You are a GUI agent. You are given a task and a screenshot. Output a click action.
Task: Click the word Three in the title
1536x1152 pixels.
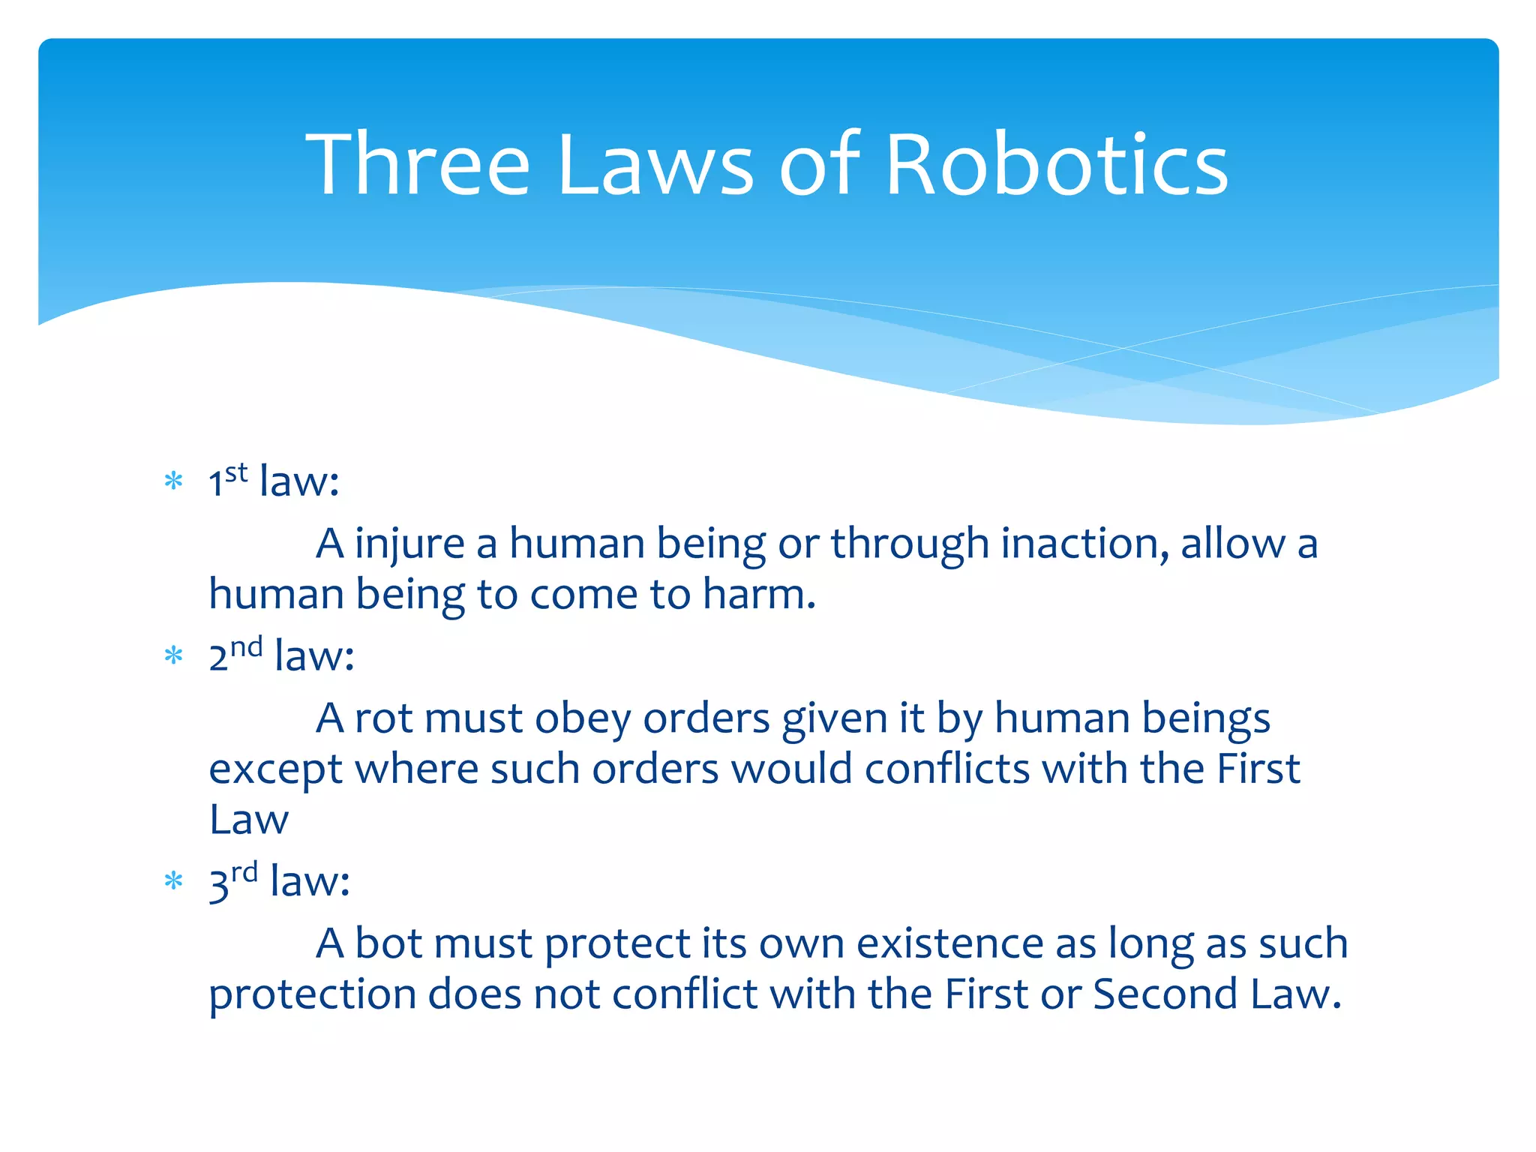418,164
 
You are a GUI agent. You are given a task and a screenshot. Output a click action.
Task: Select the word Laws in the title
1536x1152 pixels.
655,164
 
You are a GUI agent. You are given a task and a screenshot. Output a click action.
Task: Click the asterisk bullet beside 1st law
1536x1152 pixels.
174,481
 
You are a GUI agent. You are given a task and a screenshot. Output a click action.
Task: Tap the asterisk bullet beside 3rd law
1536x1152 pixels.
174,880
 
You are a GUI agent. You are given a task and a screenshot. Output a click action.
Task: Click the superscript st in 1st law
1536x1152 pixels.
236,472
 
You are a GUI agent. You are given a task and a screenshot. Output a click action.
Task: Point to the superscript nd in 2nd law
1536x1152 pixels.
246,647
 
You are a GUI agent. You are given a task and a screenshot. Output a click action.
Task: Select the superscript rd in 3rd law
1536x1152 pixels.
244,872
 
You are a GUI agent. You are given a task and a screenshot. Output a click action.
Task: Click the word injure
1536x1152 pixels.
409,543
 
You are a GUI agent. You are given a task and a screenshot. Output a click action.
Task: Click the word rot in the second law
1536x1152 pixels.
383,718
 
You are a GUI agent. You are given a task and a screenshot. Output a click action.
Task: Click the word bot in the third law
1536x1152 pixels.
388,943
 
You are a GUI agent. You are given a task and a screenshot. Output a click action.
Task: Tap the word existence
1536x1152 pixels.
949,943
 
